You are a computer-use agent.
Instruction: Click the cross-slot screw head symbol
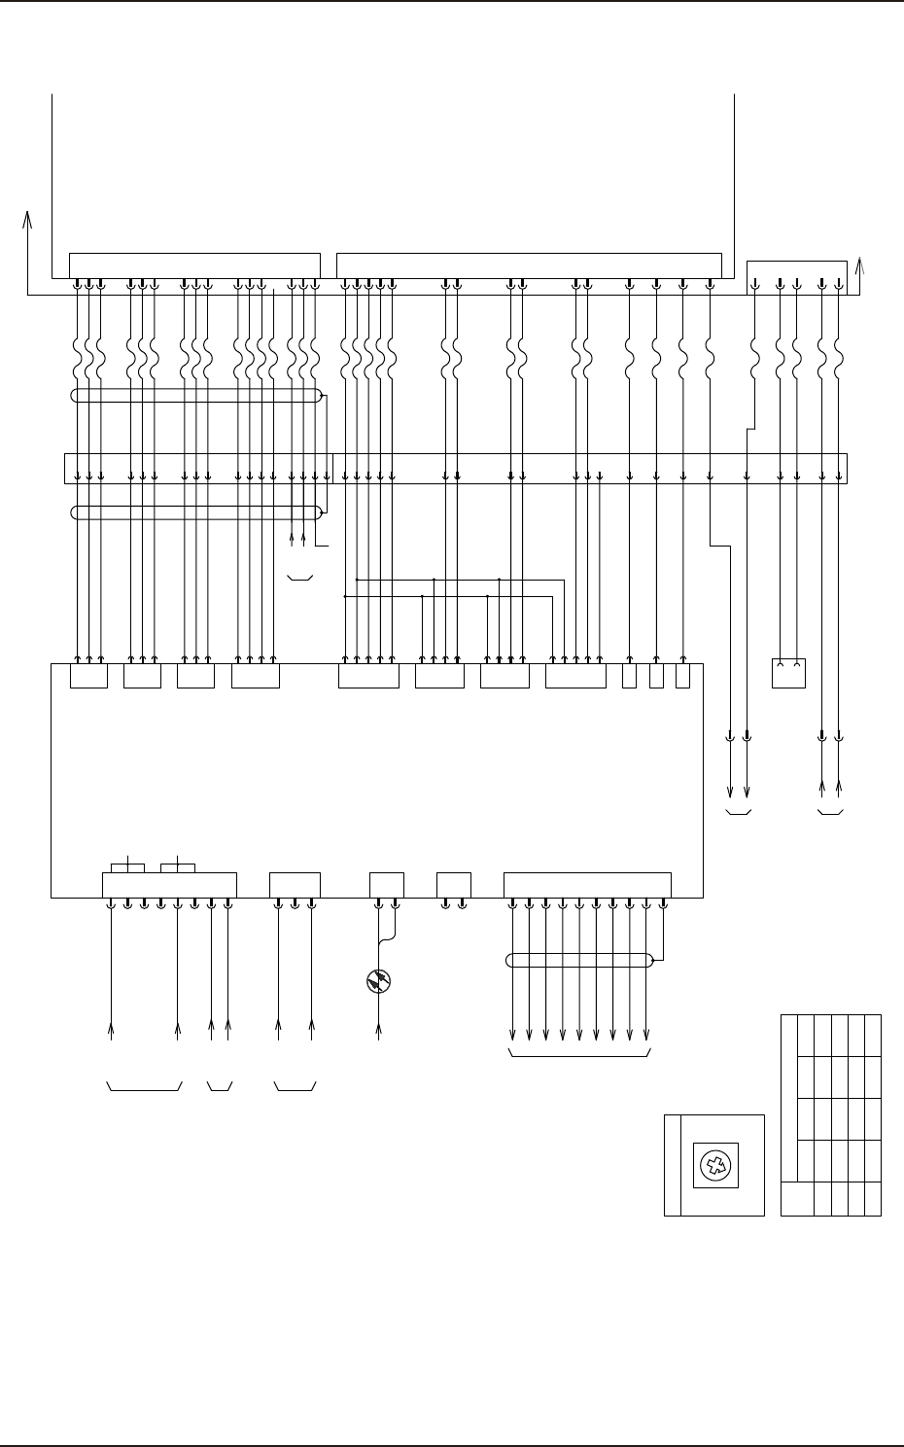click(x=713, y=1165)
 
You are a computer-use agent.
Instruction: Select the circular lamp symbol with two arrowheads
click(x=378, y=982)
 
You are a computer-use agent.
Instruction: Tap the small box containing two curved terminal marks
click(x=788, y=673)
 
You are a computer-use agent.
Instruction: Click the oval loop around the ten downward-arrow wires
click(x=579, y=961)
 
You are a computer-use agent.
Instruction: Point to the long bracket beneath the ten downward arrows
click(x=580, y=1053)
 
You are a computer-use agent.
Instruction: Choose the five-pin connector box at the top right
click(x=797, y=276)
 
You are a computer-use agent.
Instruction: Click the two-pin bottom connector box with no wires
click(x=454, y=885)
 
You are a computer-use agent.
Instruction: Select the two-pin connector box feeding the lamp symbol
click(x=387, y=885)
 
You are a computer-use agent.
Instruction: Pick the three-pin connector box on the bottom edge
click(x=295, y=885)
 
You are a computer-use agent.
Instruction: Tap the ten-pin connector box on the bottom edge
click(x=587, y=885)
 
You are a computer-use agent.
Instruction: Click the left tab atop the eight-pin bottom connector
click(x=128, y=867)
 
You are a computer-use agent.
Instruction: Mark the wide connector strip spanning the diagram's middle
click(x=455, y=467)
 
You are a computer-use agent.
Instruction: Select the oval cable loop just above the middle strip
click(x=196, y=396)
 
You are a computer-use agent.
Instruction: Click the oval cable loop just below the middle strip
click(x=196, y=512)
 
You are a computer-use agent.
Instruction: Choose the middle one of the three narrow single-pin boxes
click(x=656, y=676)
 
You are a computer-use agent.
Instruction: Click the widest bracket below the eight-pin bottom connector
click(x=144, y=1085)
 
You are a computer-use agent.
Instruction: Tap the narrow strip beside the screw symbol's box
click(x=672, y=1165)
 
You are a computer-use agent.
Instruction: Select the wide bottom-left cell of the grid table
click(x=797, y=1198)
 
